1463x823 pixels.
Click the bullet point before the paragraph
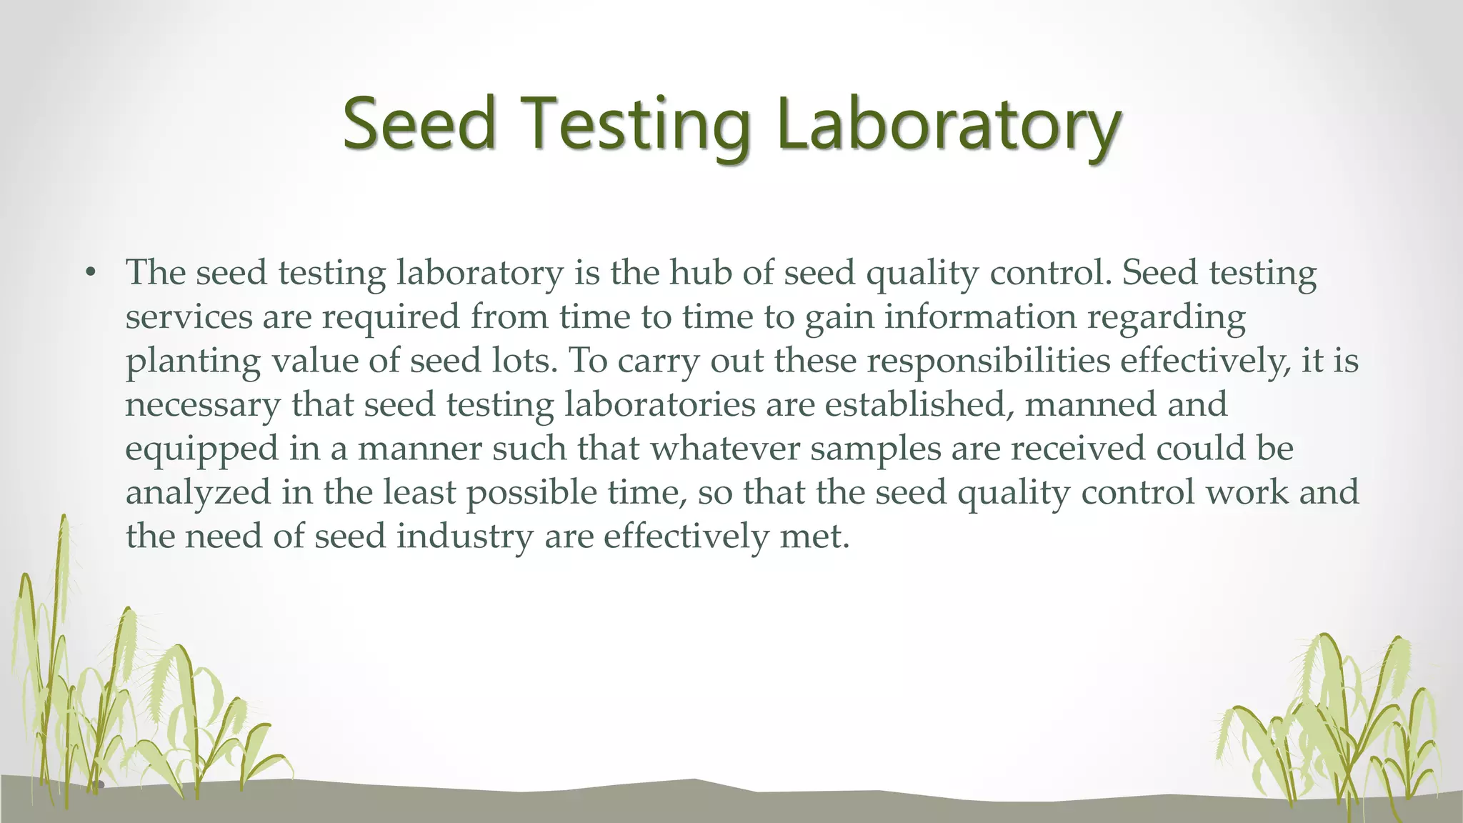pos(89,273)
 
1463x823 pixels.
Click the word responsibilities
pos(989,361)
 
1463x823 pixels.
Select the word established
pos(919,404)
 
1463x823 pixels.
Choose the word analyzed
pos(198,493)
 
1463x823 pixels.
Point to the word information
pos(980,316)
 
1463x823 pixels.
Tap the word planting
pos(193,362)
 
